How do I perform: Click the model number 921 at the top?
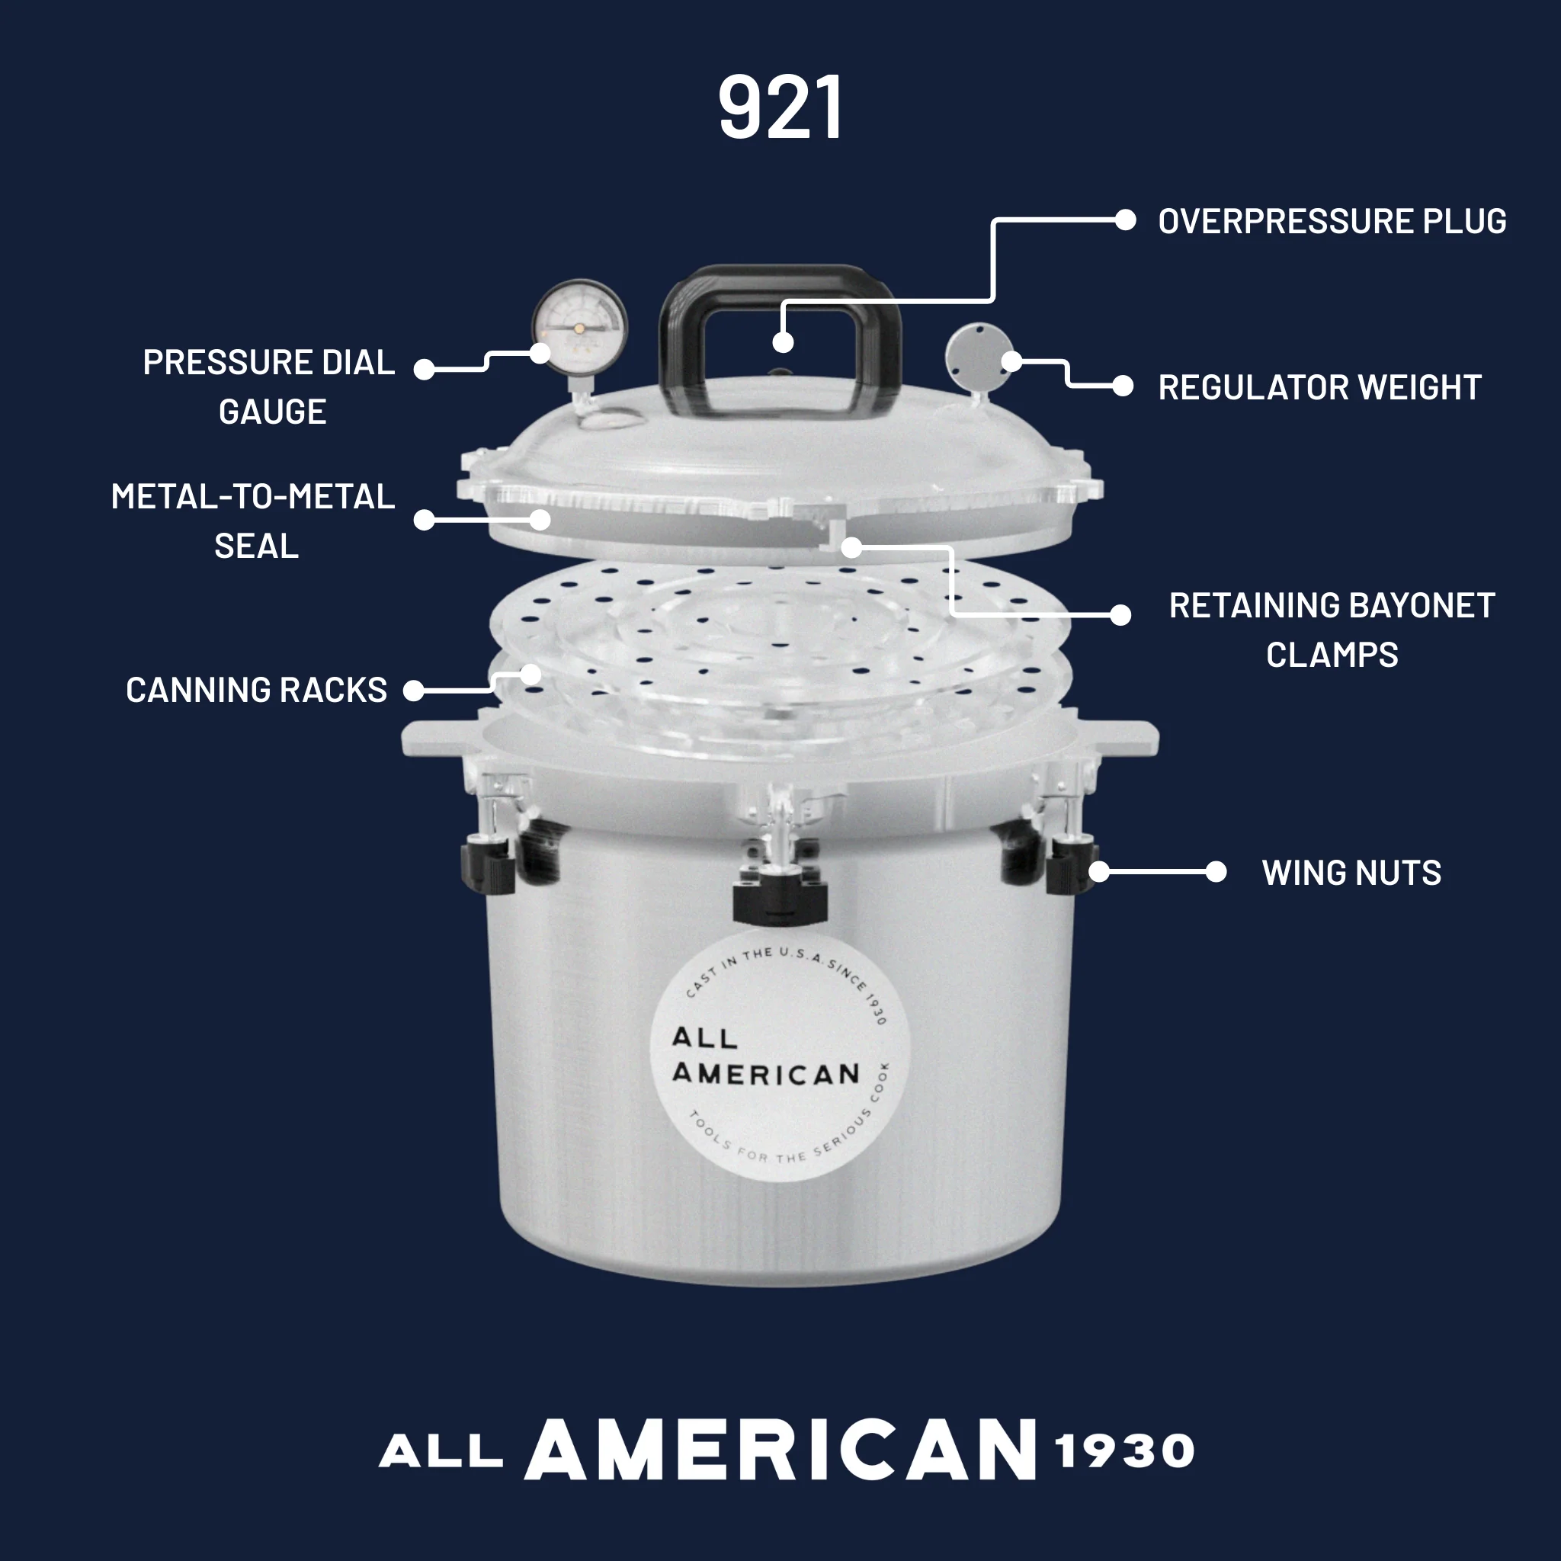[780, 107]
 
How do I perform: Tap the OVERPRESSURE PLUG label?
[1332, 221]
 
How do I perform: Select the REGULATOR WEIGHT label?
[1319, 387]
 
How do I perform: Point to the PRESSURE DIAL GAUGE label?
[270, 387]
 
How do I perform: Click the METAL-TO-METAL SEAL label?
[254, 521]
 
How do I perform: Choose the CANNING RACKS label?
[256, 690]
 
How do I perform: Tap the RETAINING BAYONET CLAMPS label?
[1332, 630]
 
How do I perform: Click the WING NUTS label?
[1351, 873]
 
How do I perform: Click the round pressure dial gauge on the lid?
[579, 327]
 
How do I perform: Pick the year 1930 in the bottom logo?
[1124, 1451]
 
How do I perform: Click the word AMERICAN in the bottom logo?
[780, 1450]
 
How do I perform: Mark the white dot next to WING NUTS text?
[1215, 872]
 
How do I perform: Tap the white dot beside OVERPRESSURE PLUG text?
[1125, 220]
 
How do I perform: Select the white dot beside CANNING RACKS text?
[414, 690]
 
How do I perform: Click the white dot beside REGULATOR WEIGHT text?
[1122, 386]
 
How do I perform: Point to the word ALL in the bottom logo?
[441, 1452]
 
